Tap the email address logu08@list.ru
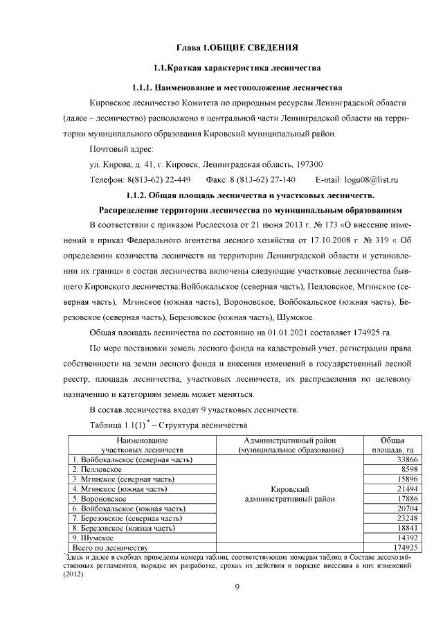coord(371,180)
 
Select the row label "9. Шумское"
coord(93,537)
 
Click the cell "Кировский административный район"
coord(289,493)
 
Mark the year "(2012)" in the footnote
coord(73,574)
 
